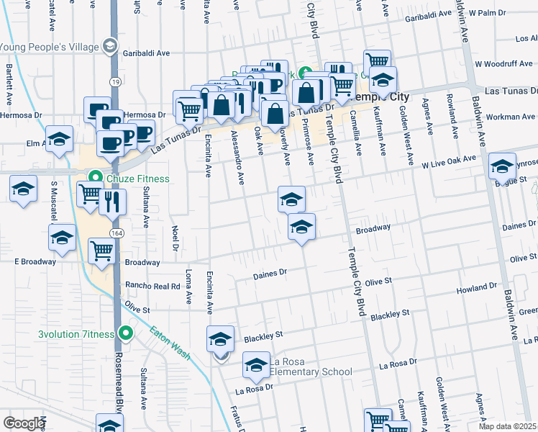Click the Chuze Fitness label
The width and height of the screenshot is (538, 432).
point(139,179)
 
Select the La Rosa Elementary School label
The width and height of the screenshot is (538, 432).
point(311,366)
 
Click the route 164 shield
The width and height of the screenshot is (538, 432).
point(115,233)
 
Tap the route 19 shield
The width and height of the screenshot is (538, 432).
point(115,82)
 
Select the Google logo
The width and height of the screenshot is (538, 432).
point(24,423)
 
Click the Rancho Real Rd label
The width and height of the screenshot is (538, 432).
point(152,286)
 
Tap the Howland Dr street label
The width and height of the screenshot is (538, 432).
point(477,289)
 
